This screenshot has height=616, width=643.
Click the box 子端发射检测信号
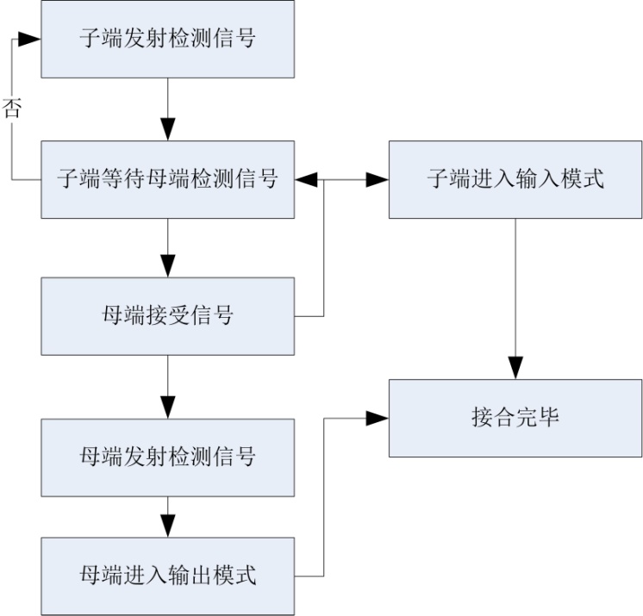tap(167, 39)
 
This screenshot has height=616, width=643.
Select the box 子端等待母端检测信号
tap(167, 179)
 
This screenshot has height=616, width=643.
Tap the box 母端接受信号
tap(167, 315)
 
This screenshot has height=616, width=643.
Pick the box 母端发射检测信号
tap(167, 457)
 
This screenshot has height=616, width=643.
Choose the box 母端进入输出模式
tap(167, 576)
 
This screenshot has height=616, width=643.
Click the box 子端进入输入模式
tap(515, 179)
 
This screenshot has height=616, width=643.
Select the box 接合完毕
tap(515, 418)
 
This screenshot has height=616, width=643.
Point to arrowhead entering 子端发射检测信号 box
tap(31, 40)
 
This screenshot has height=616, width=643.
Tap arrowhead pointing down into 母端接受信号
tap(167, 267)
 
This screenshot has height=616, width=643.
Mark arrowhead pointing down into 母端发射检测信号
tap(167, 408)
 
